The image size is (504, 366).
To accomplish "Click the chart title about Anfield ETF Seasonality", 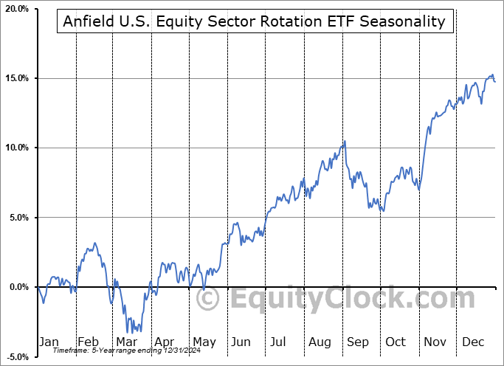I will [255, 21].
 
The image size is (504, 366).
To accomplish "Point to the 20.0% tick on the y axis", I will [17, 9].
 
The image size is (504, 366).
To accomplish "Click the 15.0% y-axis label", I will [17, 78].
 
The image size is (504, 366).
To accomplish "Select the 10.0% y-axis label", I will [17, 148].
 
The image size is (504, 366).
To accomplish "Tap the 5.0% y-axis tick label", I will [18, 218].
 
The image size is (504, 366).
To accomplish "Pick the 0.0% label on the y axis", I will [18, 287].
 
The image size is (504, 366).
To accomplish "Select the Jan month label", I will [49, 342].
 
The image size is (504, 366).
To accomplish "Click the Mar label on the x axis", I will [125, 342].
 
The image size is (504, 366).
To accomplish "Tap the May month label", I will [204, 342].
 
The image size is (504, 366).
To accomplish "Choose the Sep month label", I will [359, 342].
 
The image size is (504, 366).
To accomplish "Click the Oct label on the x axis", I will [396, 342].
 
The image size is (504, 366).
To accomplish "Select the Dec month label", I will [474, 342].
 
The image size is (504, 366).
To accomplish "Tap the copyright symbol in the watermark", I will [208, 299].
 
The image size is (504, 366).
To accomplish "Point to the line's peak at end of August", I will [344, 142].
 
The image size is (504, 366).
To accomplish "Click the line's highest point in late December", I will [492, 75].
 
